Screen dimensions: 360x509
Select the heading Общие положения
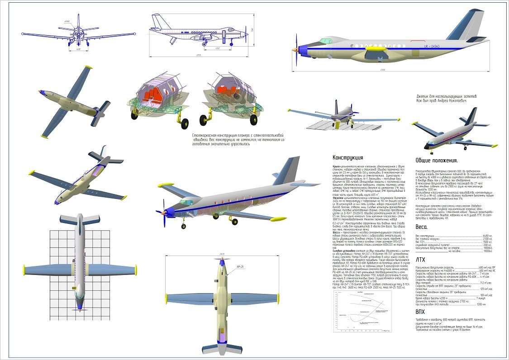pyautogui.click(x=437, y=161)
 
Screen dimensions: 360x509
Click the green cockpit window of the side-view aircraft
pyautogui.click(x=325, y=41)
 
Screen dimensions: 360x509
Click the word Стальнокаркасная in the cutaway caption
pyautogui.click(x=209, y=135)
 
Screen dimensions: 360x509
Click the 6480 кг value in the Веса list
pyautogui.click(x=487, y=236)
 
